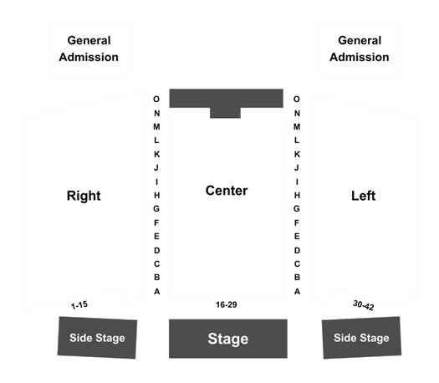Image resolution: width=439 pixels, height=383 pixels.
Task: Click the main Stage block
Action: tap(228, 339)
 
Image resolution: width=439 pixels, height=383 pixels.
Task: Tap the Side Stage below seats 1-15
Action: tap(97, 338)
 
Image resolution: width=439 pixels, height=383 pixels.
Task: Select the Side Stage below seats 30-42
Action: tap(361, 338)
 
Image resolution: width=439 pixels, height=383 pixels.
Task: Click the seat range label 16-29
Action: tap(227, 304)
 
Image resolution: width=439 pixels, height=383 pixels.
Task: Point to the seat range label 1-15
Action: tap(79, 305)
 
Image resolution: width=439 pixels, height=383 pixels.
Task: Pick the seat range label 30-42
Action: tap(364, 305)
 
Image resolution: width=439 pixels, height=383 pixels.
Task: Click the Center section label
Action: tap(227, 191)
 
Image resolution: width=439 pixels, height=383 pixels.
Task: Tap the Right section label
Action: tap(84, 196)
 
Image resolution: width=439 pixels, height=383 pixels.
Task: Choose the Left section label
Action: tap(364, 196)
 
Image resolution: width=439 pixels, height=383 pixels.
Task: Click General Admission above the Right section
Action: tap(89, 49)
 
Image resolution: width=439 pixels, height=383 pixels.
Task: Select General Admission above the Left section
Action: tap(360, 49)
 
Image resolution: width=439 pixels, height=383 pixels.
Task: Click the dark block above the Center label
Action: tap(227, 99)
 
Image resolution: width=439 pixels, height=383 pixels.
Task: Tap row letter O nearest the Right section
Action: tap(156, 100)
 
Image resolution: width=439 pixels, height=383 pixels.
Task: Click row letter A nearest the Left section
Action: tap(297, 292)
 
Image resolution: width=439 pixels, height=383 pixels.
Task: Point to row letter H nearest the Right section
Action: tap(157, 195)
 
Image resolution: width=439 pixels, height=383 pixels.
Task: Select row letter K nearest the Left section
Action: tap(297, 154)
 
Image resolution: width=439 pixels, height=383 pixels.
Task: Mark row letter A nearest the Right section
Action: tap(157, 292)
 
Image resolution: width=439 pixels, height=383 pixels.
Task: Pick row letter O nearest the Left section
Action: tap(297, 100)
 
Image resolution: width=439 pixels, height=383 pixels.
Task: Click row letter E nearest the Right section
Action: tap(157, 237)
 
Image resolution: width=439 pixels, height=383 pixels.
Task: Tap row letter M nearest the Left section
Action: tap(297, 127)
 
